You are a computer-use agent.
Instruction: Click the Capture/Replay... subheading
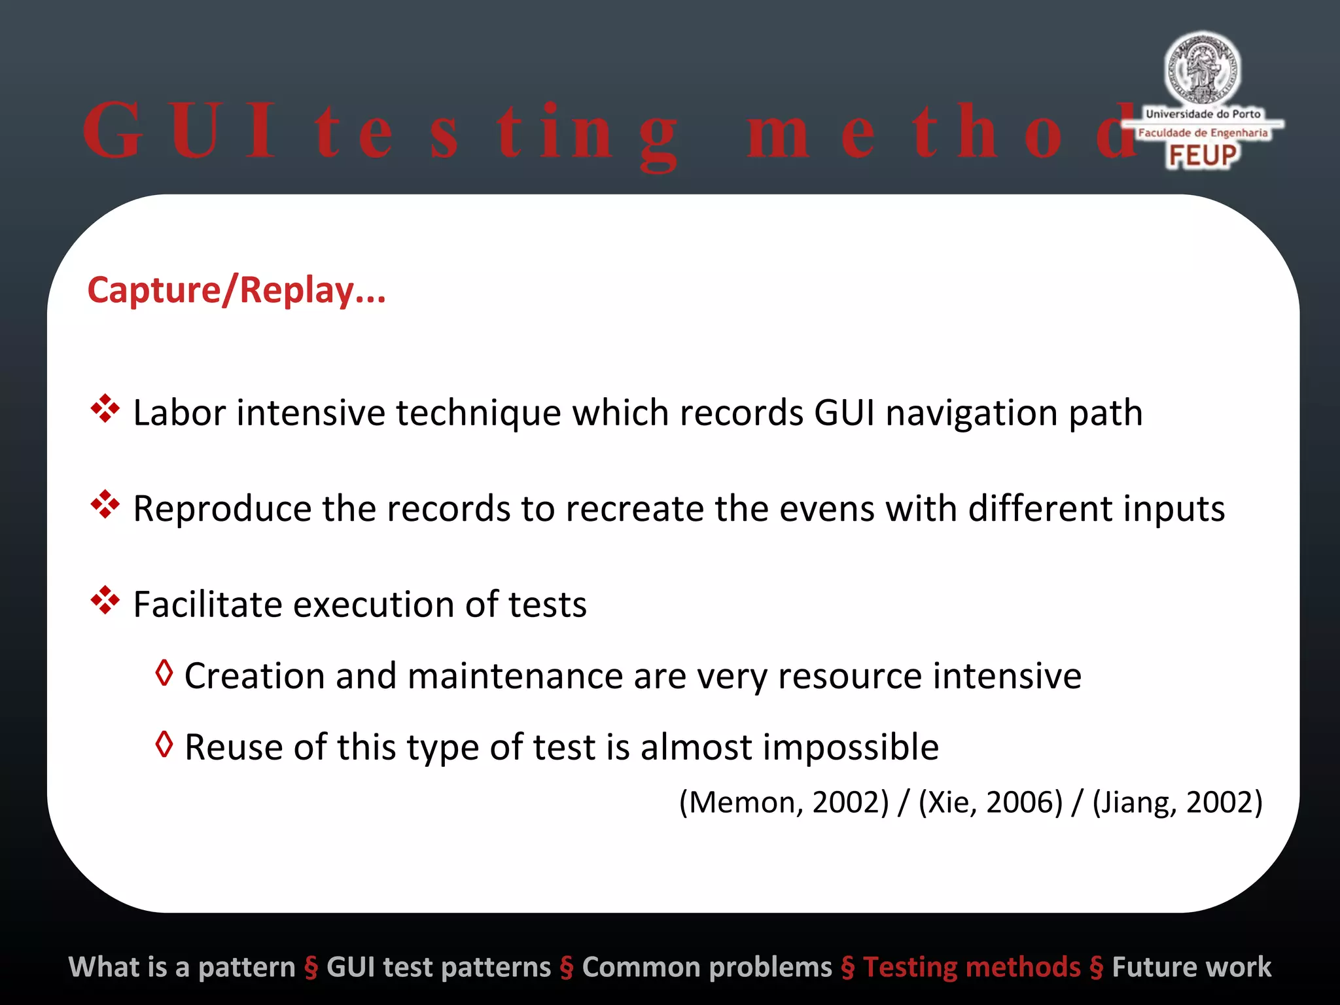(236, 290)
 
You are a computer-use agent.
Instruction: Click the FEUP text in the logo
(1203, 156)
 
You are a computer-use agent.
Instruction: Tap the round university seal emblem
(1202, 69)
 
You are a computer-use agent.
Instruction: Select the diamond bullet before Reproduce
(105, 504)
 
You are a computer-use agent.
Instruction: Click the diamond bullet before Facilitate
(105, 600)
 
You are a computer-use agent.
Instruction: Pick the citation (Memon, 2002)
(784, 802)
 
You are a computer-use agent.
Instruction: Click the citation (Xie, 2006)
(991, 802)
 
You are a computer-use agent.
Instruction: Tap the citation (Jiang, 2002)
(1177, 802)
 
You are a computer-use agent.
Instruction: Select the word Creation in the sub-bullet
(255, 676)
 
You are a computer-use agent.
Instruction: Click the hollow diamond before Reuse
(164, 744)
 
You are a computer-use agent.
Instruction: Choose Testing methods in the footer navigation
(972, 967)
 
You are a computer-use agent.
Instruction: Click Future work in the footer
(1191, 967)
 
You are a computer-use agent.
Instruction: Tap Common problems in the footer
(707, 967)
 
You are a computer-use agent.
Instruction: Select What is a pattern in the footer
(182, 967)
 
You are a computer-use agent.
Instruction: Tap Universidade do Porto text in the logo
(1203, 114)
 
